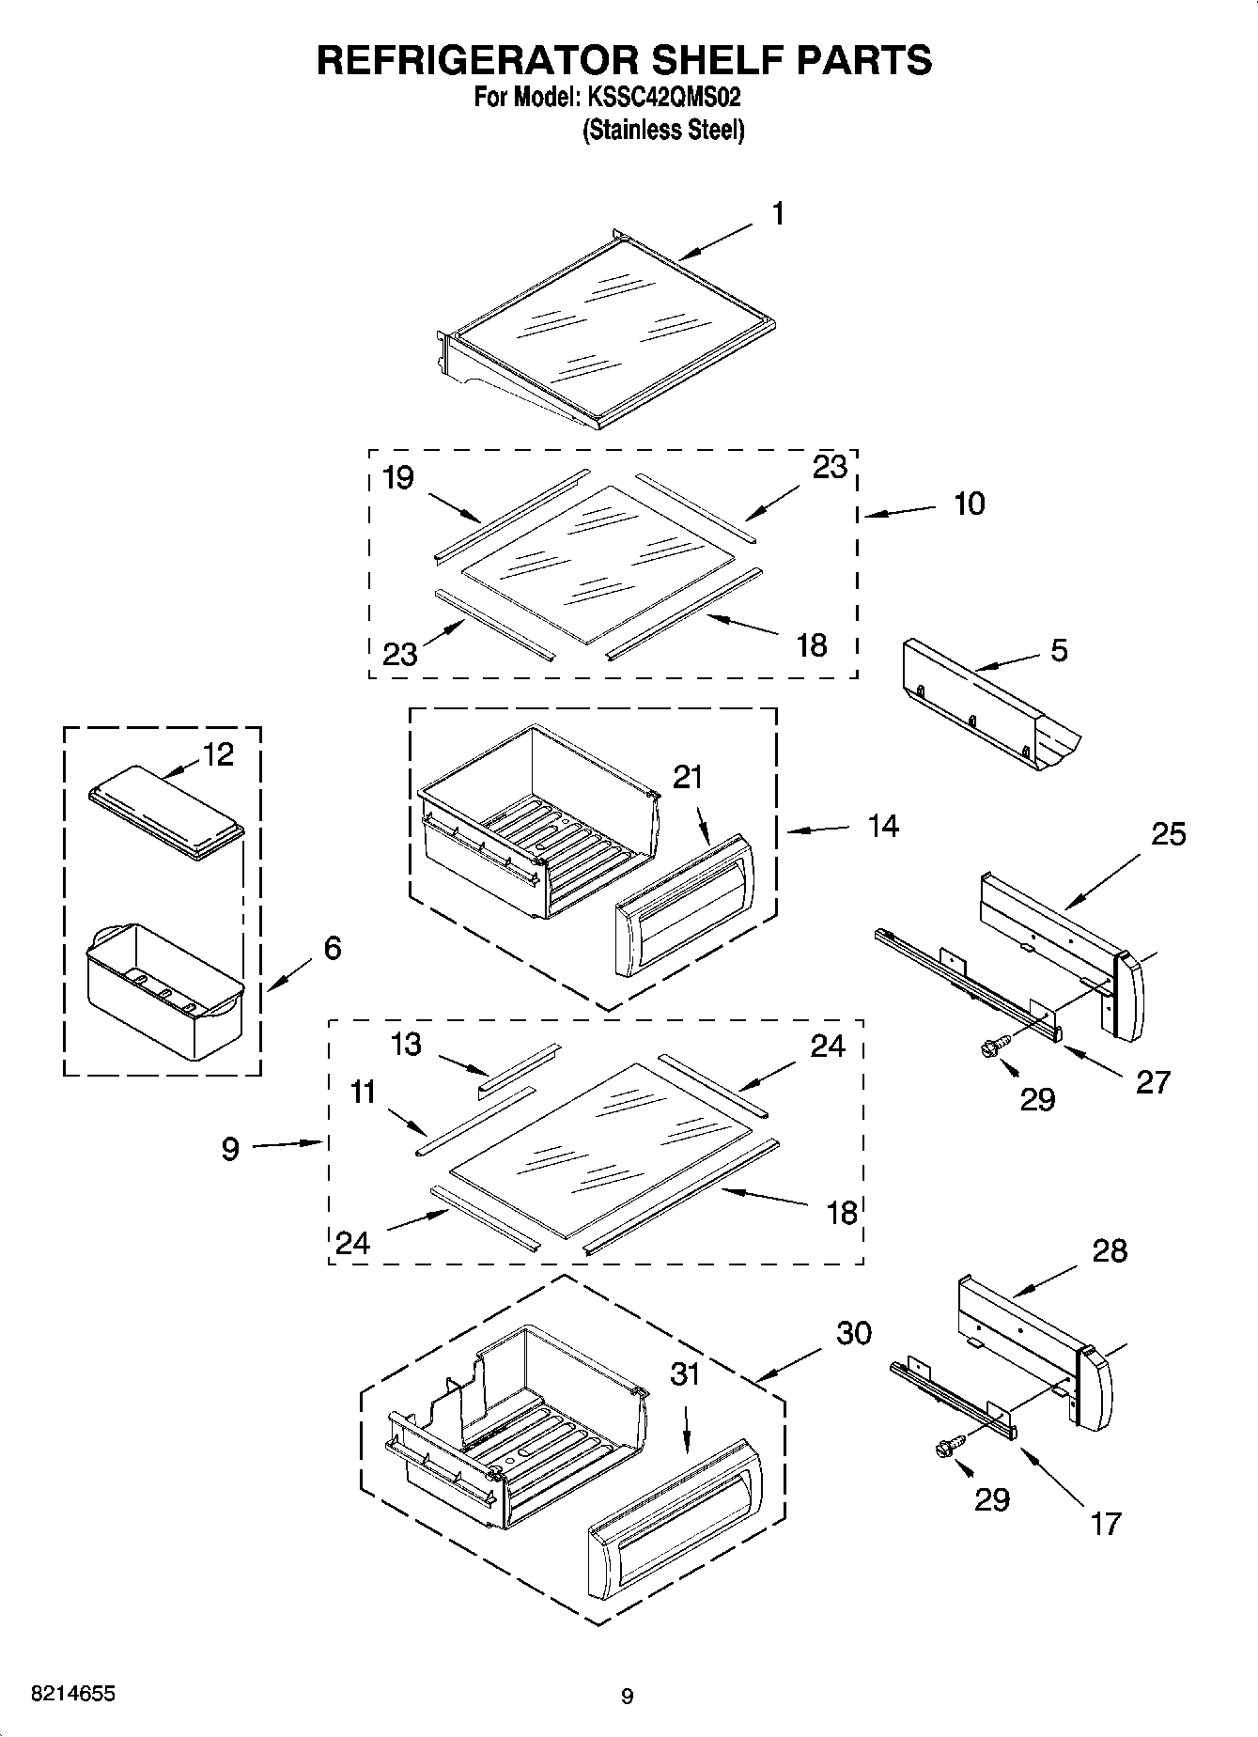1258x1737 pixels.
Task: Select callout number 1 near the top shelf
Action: [778, 214]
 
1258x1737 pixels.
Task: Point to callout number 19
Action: [398, 478]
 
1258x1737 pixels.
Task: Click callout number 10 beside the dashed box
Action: [970, 504]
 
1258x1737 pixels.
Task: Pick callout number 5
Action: [1059, 650]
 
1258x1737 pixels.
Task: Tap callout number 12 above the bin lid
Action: [218, 754]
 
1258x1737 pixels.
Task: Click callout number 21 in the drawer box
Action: [688, 777]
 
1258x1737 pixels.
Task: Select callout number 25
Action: [1169, 833]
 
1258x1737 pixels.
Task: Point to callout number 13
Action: [406, 1044]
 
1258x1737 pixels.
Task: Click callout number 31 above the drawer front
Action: [686, 1373]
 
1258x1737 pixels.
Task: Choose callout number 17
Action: [1106, 1523]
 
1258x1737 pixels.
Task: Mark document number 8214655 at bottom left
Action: [73, 1694]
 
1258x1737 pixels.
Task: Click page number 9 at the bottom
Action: [627, 1697]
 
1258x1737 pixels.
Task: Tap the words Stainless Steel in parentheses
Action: [663, 130]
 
